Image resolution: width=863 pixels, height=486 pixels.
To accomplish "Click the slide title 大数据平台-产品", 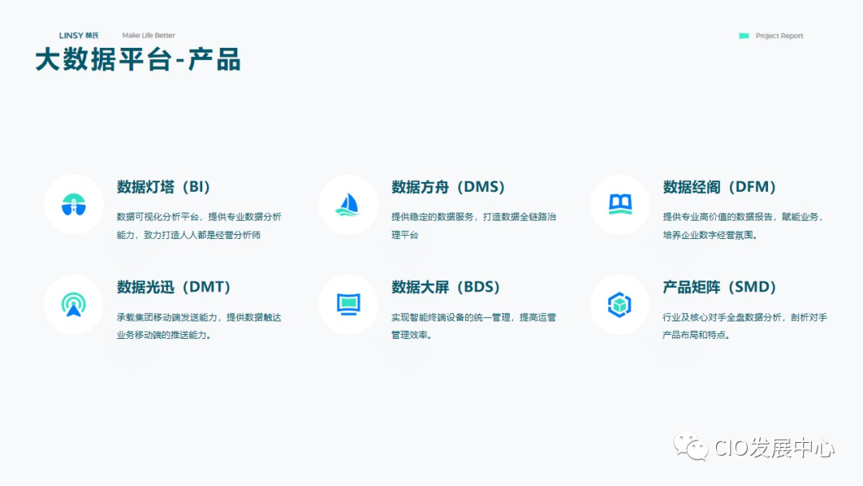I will pos(137,60).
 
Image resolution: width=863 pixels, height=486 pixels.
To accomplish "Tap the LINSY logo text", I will pos(79,35).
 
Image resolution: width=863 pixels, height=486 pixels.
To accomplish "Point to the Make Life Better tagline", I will pos(149,35).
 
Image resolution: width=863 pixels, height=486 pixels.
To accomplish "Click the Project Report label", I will pos(779,36).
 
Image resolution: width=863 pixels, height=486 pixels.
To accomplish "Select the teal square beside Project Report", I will pos(744,35).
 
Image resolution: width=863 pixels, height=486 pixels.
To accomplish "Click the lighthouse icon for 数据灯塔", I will pos(74,205).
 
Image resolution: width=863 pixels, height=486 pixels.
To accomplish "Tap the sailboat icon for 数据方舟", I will pos(348,205).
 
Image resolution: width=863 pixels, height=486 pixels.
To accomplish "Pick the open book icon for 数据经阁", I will pos(620,205).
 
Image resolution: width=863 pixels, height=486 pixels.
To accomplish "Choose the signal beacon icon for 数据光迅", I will pos(74,305).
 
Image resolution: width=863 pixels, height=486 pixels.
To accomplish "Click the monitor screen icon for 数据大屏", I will pos(348,304).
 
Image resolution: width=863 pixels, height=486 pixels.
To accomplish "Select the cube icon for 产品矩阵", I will pos(620,305).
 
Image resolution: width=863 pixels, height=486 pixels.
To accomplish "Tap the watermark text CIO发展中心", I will pos(774,448).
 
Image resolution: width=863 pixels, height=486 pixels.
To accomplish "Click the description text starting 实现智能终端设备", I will pos(473,326).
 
